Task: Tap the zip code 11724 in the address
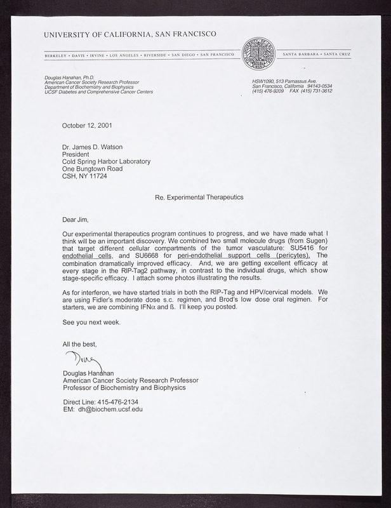tap(103, 179)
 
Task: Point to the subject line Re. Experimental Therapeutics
tap(199, 197)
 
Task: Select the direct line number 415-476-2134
tap(117, 401)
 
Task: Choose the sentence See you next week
tap(91, 322)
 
